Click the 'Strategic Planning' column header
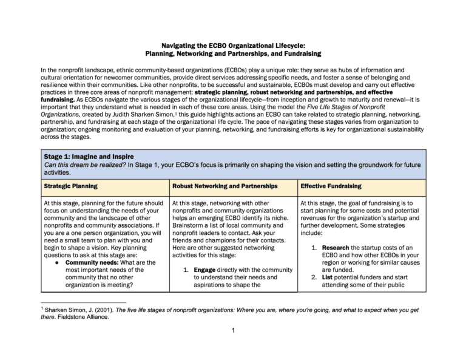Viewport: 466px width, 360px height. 69,186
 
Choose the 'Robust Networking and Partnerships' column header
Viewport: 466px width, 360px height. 221,186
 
